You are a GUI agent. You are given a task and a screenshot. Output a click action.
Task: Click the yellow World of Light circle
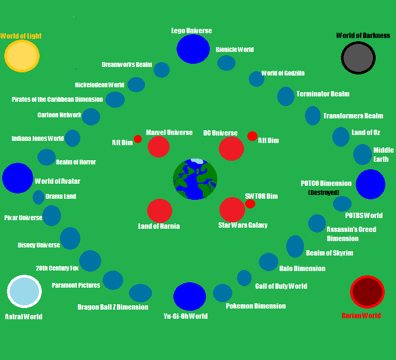(x=21, y=56)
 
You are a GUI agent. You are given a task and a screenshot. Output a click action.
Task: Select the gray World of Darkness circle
(x=357, y=57)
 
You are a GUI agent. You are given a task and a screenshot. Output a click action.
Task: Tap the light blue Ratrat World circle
(x=24, y=291)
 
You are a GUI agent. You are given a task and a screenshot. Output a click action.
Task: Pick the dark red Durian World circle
(x=367, y=292)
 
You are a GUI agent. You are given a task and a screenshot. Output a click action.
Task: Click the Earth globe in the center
(x=195, y=179)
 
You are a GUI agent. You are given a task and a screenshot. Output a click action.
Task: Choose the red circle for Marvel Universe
(x=158, y=147)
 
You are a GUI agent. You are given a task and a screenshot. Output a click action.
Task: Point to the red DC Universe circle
(x=231, y=148)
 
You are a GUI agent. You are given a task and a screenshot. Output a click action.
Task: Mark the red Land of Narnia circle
(x=159, y=211)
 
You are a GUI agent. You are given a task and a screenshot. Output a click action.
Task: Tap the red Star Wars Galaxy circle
(x=232, y=209)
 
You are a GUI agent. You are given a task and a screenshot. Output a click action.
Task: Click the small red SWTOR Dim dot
(x=250, y=203)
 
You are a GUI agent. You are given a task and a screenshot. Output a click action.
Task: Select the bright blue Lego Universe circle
(x=193, y=48)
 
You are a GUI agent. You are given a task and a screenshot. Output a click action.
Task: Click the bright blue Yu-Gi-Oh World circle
(x=189, y=296)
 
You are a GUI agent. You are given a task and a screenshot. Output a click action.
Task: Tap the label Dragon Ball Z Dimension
(x=113, y=307)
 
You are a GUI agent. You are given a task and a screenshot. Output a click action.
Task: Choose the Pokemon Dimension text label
(x=255, y=305)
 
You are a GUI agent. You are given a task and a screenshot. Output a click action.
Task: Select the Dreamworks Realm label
(x=125, y=64)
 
